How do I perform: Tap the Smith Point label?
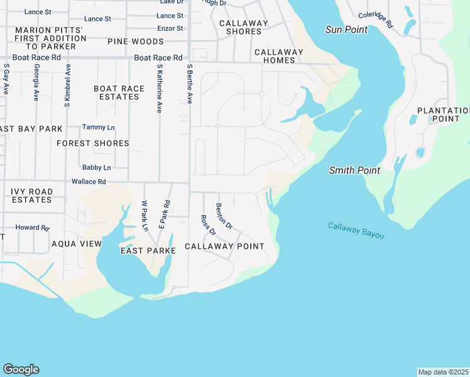354,170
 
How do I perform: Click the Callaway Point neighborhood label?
224,246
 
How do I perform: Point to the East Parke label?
148,250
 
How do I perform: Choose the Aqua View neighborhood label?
76,244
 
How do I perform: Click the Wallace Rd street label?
89,182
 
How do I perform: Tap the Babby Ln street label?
96,168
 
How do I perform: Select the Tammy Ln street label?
98,128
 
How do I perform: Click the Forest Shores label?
92,143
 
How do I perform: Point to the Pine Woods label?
135,41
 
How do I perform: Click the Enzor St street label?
170,28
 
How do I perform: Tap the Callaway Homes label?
275,56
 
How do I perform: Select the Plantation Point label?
443,114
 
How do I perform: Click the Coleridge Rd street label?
375,20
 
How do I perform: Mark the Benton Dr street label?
224,216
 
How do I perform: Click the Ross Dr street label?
207,226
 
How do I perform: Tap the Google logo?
21,369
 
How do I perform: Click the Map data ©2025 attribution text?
443,372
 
